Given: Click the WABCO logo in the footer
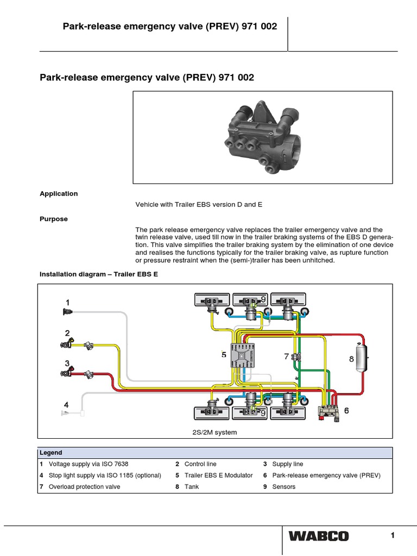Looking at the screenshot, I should (x=318, y=536).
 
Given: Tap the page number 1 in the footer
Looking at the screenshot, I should (x=392, y=535).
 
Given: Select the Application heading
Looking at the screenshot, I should (x=59, y=194).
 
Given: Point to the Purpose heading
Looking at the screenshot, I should (x=54, y=219).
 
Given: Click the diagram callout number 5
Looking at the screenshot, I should (x=224, y=355).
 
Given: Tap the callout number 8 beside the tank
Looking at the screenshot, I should (x=351, y=359).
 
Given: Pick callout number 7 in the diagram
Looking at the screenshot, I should (x=286, y=357).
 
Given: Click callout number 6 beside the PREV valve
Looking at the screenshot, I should (x=346, y=411).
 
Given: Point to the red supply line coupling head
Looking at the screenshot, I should (x=68, y=374).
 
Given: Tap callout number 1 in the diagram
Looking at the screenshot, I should (x=67, y=302).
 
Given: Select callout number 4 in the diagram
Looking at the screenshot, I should (x=66, y=405).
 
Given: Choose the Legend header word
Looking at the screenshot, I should (x=50, y=453).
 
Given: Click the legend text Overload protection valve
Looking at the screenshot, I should (x=84, y=487).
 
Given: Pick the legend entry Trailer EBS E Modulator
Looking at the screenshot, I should (x=218, y=476).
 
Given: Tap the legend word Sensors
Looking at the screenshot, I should (x=284, y=487).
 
